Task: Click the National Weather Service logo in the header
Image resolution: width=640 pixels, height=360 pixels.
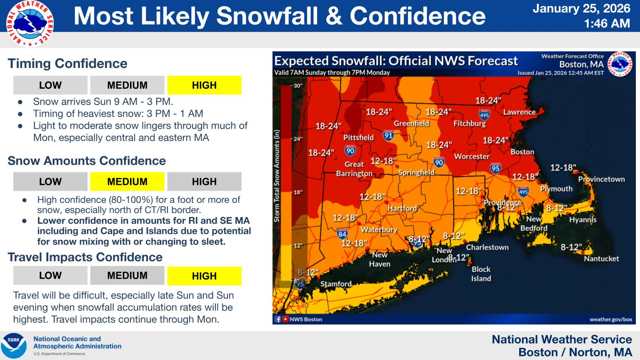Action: coord(30,24)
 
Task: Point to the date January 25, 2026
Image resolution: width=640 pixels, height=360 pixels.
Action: coord(581,8)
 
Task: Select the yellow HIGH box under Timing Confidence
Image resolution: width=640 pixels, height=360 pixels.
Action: coord(204,85)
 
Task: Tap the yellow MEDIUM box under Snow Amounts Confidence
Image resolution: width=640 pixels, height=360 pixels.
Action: coord(127,182)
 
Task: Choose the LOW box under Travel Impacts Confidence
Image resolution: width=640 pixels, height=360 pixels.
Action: coord(50,275)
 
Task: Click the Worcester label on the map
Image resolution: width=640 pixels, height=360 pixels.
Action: coord(471,157)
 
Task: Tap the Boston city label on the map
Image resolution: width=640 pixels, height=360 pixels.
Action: coord(522,152)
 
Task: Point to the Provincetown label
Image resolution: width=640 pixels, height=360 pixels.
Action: coord(601,179)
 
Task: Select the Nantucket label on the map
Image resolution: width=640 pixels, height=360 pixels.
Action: coord(601,259)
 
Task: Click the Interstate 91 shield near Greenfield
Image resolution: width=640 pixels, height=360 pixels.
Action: coord(388,135)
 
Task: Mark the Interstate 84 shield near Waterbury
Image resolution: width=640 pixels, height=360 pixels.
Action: coord(342,233)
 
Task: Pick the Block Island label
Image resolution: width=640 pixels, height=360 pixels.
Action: coord(481,274)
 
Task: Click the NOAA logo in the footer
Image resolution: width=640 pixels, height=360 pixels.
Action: coord(14,345)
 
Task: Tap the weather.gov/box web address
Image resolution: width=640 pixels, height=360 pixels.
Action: coord(610,320)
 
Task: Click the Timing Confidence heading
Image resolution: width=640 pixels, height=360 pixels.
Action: coord(67,64)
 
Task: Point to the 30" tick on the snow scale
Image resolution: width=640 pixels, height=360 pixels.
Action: coord(297,86)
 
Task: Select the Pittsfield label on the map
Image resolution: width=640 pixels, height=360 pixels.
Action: coord(358,137)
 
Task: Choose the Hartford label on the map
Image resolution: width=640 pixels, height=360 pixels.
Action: coord(402,208)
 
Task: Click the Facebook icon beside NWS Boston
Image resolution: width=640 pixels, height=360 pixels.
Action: coord(278,320)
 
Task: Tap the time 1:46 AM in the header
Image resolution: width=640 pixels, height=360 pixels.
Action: coord(607,24)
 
